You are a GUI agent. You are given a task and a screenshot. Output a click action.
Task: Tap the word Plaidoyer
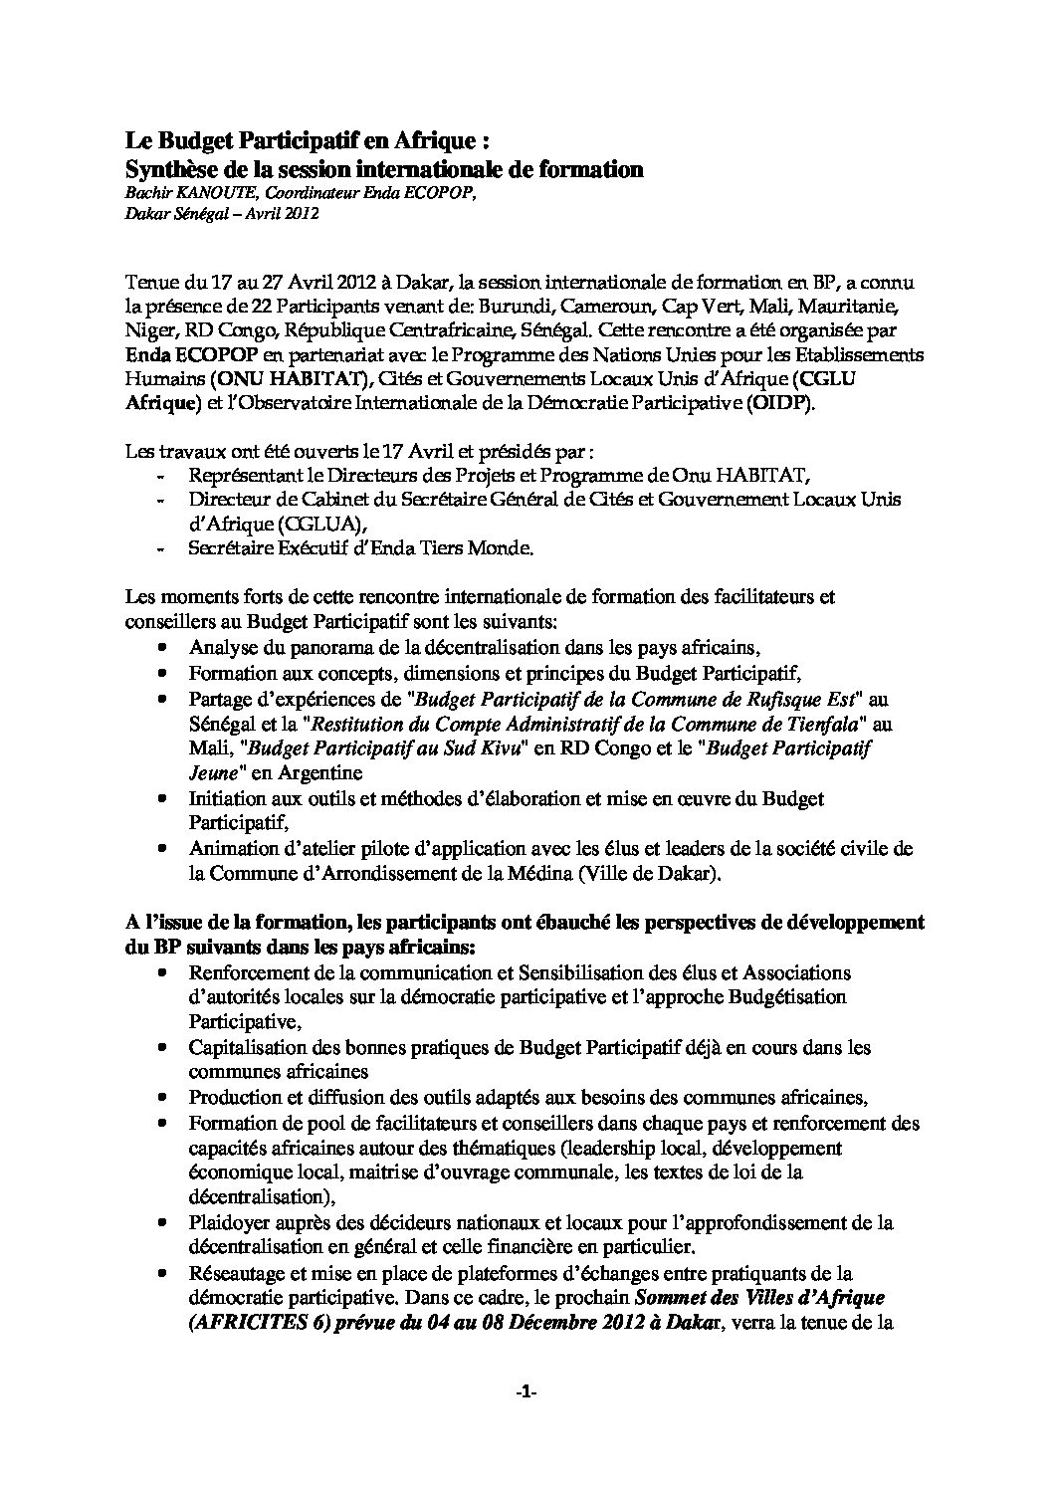[229, 1222]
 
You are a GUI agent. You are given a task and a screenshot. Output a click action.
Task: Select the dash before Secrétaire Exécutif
[162, 547]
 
